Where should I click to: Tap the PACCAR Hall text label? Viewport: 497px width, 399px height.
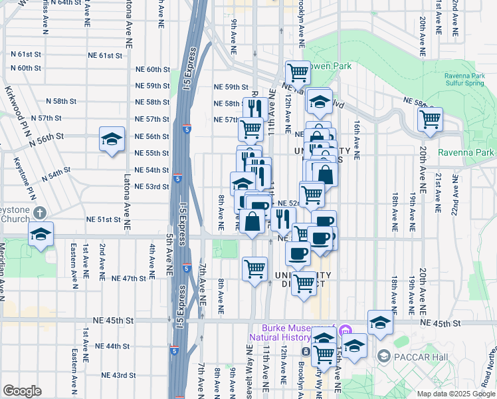[x=413, y=356]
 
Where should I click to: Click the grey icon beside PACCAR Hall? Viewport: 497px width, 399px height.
[x=383, y=356]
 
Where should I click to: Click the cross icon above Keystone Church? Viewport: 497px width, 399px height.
[x=39, y=213]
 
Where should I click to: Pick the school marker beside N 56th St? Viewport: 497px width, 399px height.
[x=112, y=140]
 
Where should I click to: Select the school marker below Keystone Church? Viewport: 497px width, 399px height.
[x=40, y=235]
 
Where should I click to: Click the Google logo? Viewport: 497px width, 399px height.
[x=22, y=390]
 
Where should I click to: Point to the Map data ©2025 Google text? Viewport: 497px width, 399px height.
[x=455, y=394]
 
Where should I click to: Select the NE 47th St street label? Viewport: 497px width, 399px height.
[x=128, y=278]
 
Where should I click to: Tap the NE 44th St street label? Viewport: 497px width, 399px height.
[x=112, y=346]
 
